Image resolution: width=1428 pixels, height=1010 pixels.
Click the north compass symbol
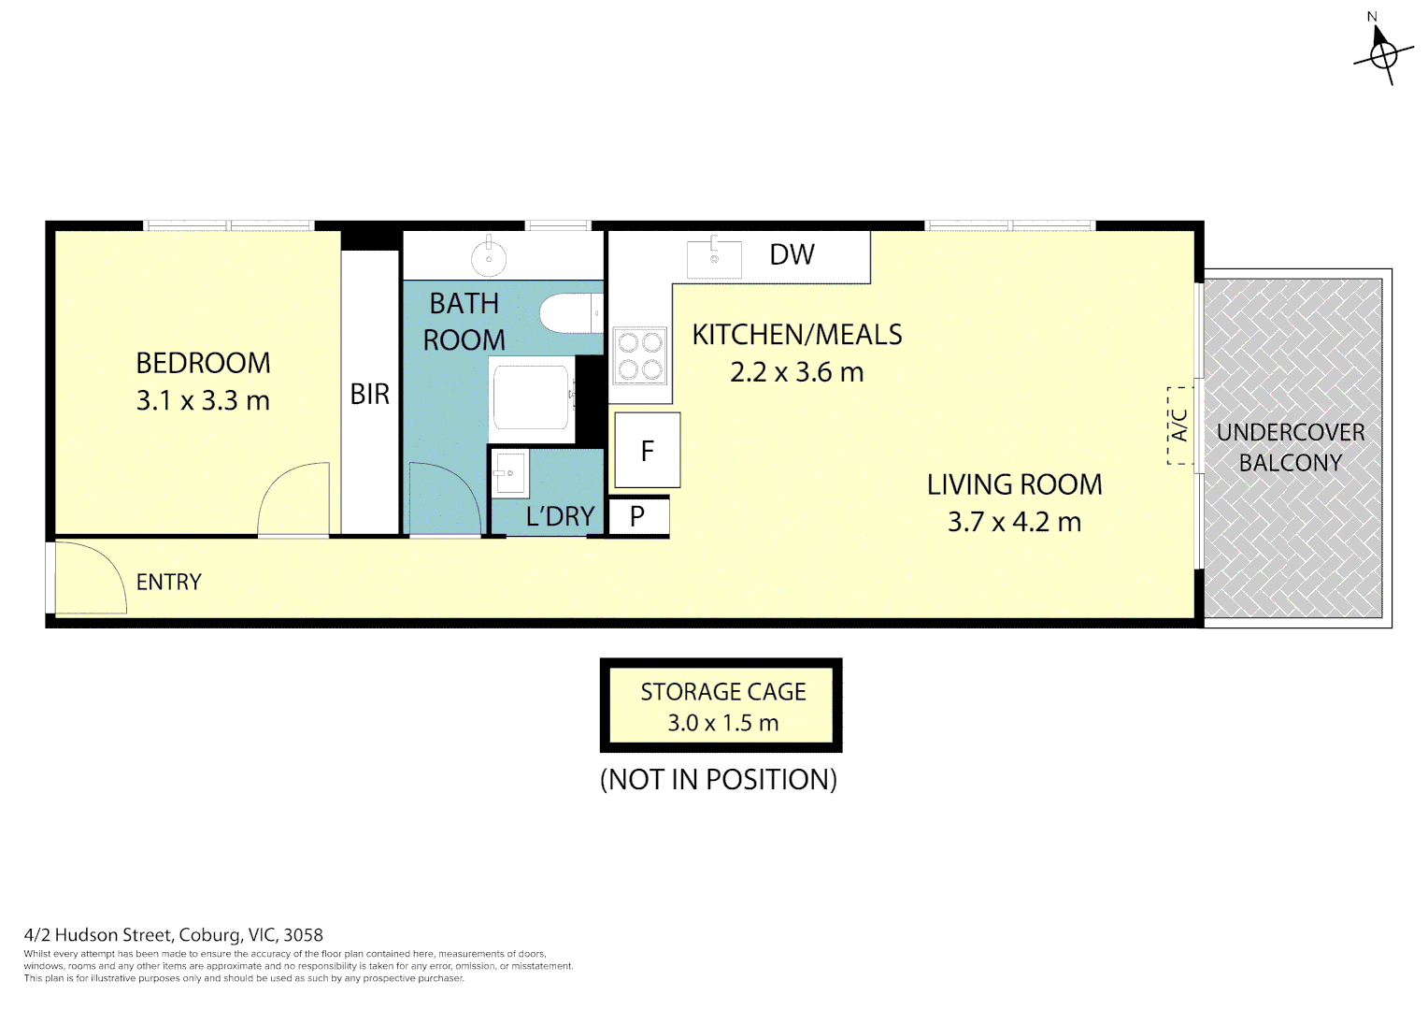[x=1382, y=55]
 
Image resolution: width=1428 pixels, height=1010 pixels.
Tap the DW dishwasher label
[x=792, y=254]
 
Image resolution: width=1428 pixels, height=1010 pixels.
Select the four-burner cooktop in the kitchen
[x=640, y=356]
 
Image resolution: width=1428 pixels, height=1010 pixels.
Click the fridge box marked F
[x=648, y=451]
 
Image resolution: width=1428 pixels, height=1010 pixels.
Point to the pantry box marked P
[x=637, y=515]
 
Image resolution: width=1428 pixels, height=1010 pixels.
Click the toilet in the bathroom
[x=571, y=313]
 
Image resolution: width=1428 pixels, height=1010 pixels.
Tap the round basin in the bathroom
[x=489, y=258]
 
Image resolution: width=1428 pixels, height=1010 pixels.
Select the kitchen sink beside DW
[x=714, y=259]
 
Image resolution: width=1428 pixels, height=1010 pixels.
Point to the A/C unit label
[x=1179, y=426]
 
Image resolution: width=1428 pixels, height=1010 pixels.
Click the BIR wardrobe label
[x=370, y=395]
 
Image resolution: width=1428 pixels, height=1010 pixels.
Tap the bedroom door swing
[x=293, y=499]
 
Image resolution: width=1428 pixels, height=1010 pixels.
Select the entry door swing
[x=92, y=577]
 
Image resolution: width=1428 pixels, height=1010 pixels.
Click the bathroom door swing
[x=445, y=499]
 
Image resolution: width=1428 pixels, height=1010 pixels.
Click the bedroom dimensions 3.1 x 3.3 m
[x=204, y=400]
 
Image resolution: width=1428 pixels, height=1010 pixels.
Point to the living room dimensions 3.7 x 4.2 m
[x=1014, y=522]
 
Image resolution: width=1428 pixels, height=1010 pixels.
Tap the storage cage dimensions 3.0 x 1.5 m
[x=723, y=723]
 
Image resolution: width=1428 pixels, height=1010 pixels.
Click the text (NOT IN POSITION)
[x=719, y=779]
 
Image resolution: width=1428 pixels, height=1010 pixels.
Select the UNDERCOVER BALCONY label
[x=1291, y=447]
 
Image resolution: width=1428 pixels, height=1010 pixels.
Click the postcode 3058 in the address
[x=304, y=934]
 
